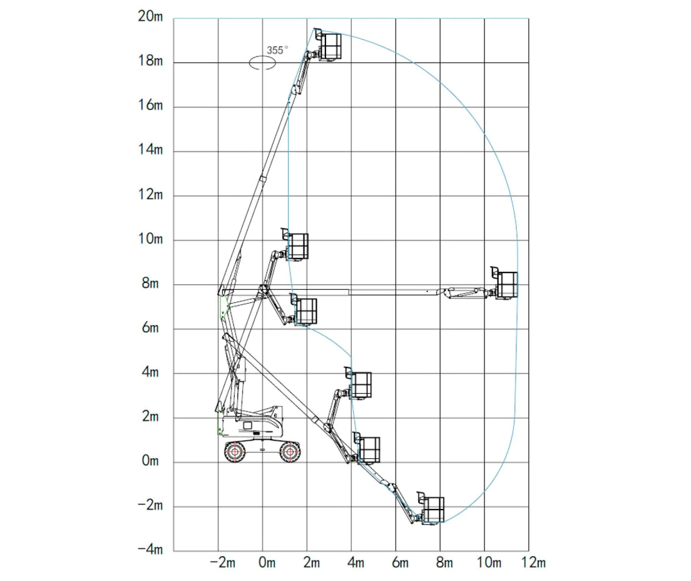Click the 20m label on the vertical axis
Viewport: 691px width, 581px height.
pyautogui.click(x=150, y=16)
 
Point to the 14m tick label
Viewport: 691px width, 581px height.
pyautogui.click(x=150, y=150)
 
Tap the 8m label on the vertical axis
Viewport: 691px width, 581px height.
pyautogui.click(x=150, y=284)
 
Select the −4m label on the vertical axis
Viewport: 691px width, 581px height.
pyautogui.click(x=150, y=549)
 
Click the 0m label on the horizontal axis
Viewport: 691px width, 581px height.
pyautogui.click(x=267, y=563)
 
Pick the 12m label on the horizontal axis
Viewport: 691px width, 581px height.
pyautogui.click(x=533, y=563)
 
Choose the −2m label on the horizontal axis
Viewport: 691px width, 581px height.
pyautogui.click(x=223, y=563)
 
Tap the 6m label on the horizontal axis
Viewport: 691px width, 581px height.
pyautogui.click(x=400, y=563)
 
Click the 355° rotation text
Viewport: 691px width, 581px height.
pyautogui.click(x=277, y=50)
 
